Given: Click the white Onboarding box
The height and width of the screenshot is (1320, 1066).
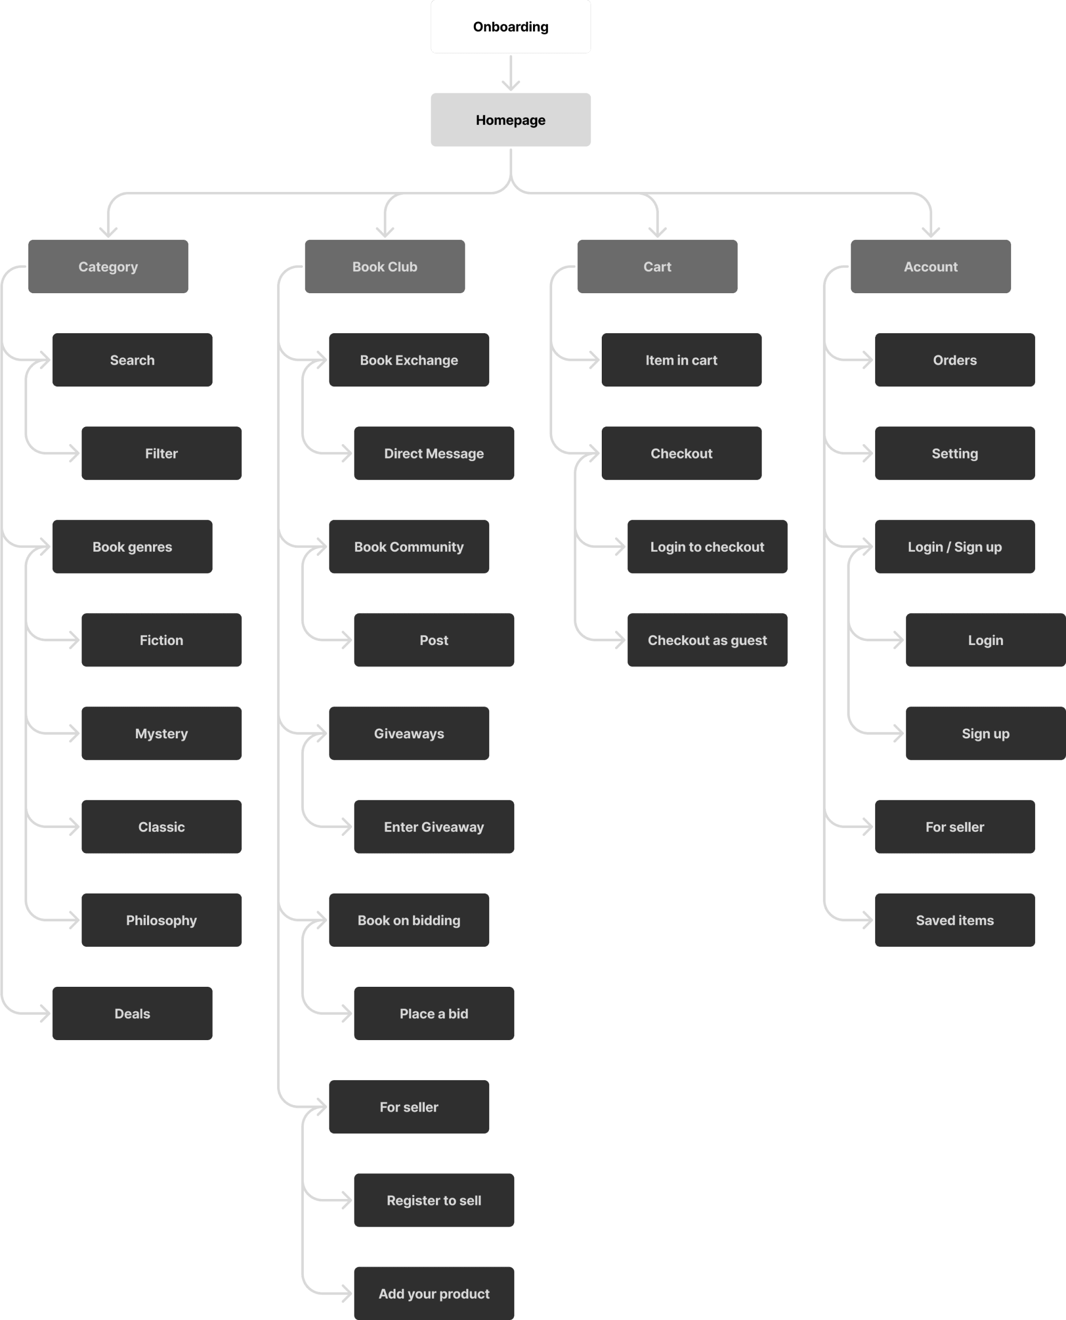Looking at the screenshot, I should [x=510, y=27].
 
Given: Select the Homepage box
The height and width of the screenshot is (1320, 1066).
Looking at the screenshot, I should [x=510, y=120].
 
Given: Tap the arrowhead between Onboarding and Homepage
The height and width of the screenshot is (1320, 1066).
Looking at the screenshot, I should [x=510, y=85].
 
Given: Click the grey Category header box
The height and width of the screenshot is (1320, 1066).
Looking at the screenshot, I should [x=108, y=267].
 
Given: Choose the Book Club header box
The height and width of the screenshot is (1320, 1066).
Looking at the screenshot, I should [x=384, y=267].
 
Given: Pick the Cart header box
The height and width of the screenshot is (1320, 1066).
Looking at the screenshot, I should [x=657, y=267].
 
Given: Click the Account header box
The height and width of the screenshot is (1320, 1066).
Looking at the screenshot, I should [x=930, y=267].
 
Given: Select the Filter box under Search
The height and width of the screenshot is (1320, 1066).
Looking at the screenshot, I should [x=161, y=453].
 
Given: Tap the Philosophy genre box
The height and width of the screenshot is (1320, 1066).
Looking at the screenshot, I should [x=161, y=920].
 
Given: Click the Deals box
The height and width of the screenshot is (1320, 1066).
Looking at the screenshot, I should [x=132, y=1013].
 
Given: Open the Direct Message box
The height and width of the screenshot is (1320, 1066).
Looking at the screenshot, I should [x=433, y=453].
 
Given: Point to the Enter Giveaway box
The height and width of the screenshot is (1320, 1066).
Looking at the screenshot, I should [x=433, y=827].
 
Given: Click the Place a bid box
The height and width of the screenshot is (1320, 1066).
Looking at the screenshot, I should [x=433, y=1013].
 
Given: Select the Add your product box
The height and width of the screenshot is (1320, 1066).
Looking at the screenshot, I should [x=433, y=1293].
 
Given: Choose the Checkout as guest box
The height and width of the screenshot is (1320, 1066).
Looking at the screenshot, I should [x=707, y=640].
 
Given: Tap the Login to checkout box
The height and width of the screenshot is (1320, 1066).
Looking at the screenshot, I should [x=707, y=546].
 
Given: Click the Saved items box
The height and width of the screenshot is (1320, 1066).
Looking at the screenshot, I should [x=954, y=920].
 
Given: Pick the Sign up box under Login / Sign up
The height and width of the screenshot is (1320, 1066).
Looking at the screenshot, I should [x=985, y=734].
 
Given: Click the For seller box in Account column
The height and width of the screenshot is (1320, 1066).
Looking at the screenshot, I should [x=954, y=827].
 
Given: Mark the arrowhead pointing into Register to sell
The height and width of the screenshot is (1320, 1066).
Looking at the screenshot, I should [x=347, y=1200].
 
